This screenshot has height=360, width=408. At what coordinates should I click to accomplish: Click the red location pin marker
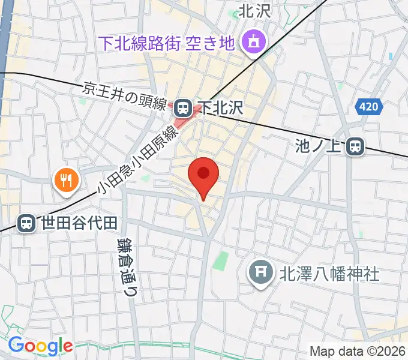pyautogui.click(x=203, y=175)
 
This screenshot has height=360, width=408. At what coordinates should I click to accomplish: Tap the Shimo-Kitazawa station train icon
pyautogui.click(x=184, y=107)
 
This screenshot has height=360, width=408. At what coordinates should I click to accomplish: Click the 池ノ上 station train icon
pyautogui.click(x=356, y=146)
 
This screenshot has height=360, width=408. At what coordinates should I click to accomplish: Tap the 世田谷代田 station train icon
pyautogui.click(x=26, y=224)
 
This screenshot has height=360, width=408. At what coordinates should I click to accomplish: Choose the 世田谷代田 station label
pyautogui.click(x=78, y=224)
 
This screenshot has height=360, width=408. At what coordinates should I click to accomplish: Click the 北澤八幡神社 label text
pyautogui.click(x=329, y=274)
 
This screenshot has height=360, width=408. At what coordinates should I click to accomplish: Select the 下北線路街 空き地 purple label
pyautogui.click(x=166, y=43)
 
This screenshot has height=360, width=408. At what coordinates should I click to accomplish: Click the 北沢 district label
pyautogui.click(x=256, y=10)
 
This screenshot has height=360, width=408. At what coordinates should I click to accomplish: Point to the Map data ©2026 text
pyautogui.click(x=358, y=351)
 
